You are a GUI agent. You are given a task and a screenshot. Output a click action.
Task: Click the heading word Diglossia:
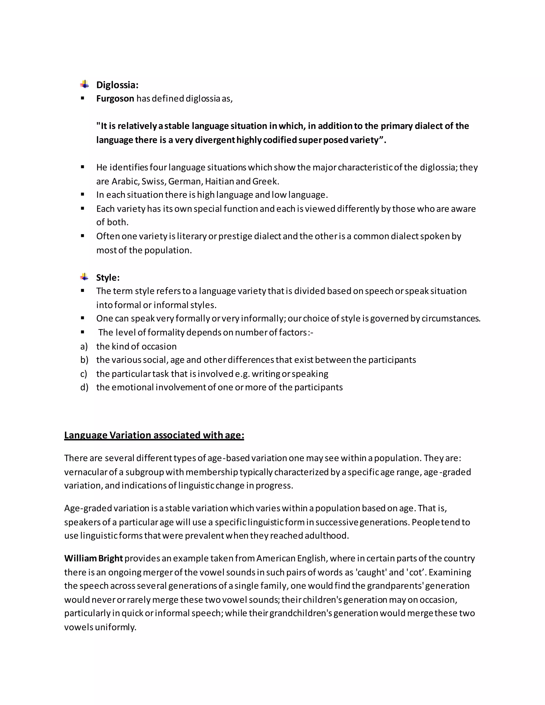117,85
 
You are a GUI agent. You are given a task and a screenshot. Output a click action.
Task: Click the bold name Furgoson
115,98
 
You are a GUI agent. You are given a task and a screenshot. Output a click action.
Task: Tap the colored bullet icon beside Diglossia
85,85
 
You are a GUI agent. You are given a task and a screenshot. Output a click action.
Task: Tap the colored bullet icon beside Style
85,277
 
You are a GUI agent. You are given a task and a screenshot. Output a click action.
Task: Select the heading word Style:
108,277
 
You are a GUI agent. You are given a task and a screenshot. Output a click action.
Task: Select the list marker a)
84,346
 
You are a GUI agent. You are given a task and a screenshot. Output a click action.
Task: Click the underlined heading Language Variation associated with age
154,435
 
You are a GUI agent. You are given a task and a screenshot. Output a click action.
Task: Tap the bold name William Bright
93,558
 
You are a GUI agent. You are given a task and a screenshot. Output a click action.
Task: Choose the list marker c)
84,374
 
